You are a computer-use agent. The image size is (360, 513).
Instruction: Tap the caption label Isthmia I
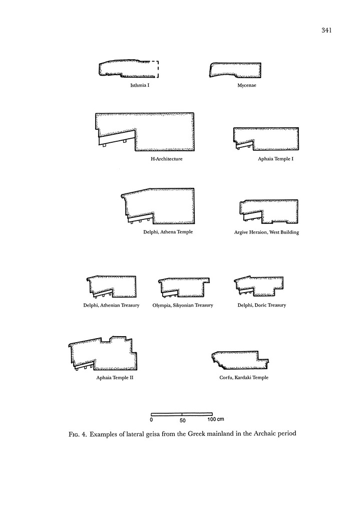(140, 86)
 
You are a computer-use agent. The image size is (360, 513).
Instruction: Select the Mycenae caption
(247, 86)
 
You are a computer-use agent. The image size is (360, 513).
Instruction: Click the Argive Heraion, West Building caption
(266, 232)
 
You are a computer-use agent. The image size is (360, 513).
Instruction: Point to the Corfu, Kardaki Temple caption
(244, 378)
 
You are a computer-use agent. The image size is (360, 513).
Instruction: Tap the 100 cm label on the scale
(216, 419)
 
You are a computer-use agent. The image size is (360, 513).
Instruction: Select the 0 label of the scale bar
(151, 419)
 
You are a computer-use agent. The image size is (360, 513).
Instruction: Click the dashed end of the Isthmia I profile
(157, 69)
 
